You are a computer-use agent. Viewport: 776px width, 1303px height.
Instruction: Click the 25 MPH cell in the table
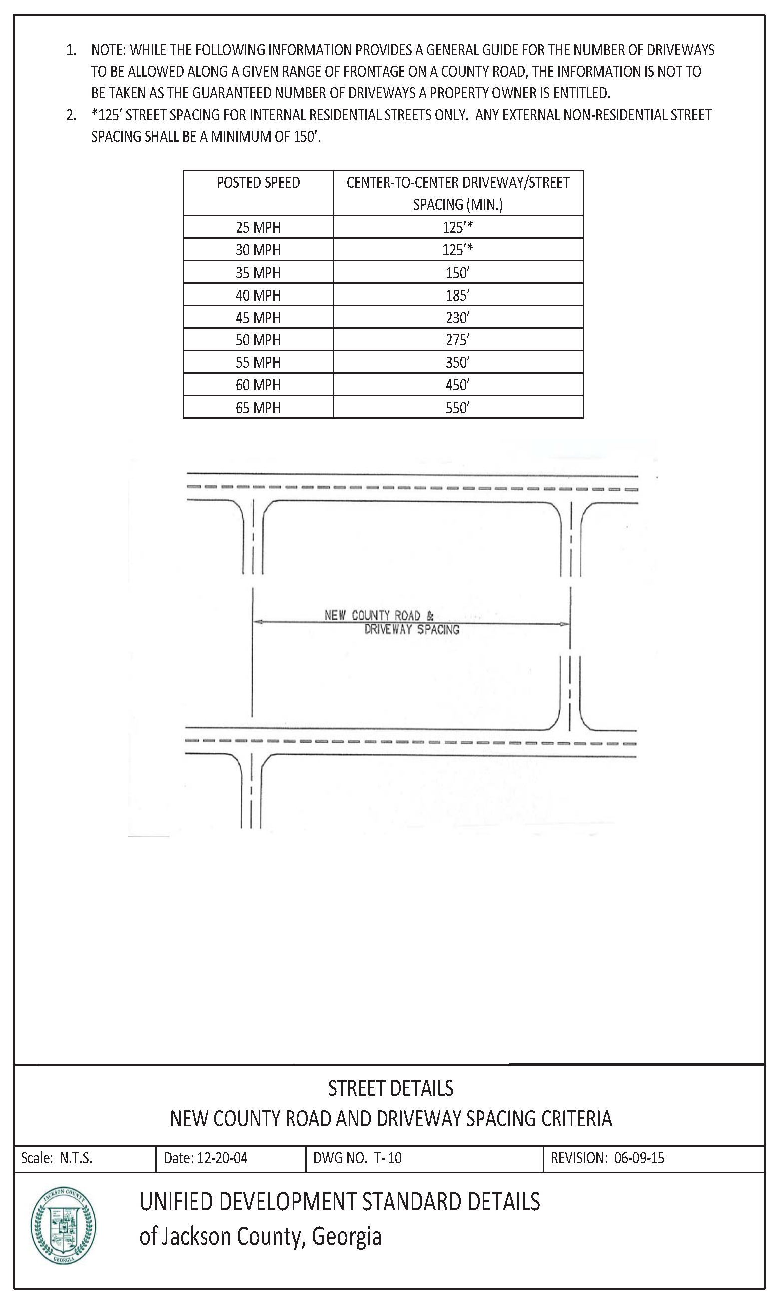pos(258,227)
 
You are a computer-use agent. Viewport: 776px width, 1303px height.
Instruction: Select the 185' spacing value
pos(457,296)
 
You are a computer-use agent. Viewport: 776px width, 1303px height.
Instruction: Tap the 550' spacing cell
pos(457,408)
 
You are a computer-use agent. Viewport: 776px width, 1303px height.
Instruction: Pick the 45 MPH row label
pos(258,318)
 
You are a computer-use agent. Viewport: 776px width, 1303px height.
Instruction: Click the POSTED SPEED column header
pos(258,183)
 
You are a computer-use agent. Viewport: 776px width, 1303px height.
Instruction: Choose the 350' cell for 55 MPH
pos(457,363)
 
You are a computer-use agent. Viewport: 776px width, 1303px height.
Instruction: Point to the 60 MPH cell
pos(258,386)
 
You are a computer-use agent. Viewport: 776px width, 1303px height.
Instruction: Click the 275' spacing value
pos(457,341)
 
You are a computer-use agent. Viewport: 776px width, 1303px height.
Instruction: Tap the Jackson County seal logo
pos(63,1231)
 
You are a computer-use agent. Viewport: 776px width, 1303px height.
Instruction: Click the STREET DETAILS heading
pos(390,1089)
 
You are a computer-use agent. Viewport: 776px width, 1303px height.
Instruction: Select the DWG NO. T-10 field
pos(358,1158)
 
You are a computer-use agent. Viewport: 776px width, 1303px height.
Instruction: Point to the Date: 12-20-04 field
pos(206,1158)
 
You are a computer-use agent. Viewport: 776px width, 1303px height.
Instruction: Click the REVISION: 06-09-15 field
pos(607,1158)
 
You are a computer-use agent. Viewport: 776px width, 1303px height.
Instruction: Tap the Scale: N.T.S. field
pos(57,1158)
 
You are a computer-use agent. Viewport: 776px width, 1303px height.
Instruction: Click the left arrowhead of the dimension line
pos(257,622)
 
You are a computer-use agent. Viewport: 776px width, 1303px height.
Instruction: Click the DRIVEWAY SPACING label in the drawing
pos(411,630)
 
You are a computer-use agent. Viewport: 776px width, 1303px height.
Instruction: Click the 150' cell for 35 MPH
pos(457,273)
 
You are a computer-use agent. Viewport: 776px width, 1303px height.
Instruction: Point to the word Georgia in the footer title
pos(346,1237)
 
